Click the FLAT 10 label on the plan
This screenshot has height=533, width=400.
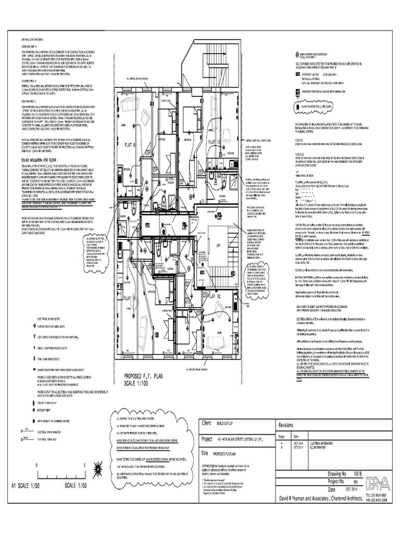tap(216, 142)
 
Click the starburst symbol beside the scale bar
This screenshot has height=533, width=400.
tap(98, 466)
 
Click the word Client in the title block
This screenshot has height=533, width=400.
tap(208, 424)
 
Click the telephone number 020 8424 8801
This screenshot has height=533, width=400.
tap(378, 495)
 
